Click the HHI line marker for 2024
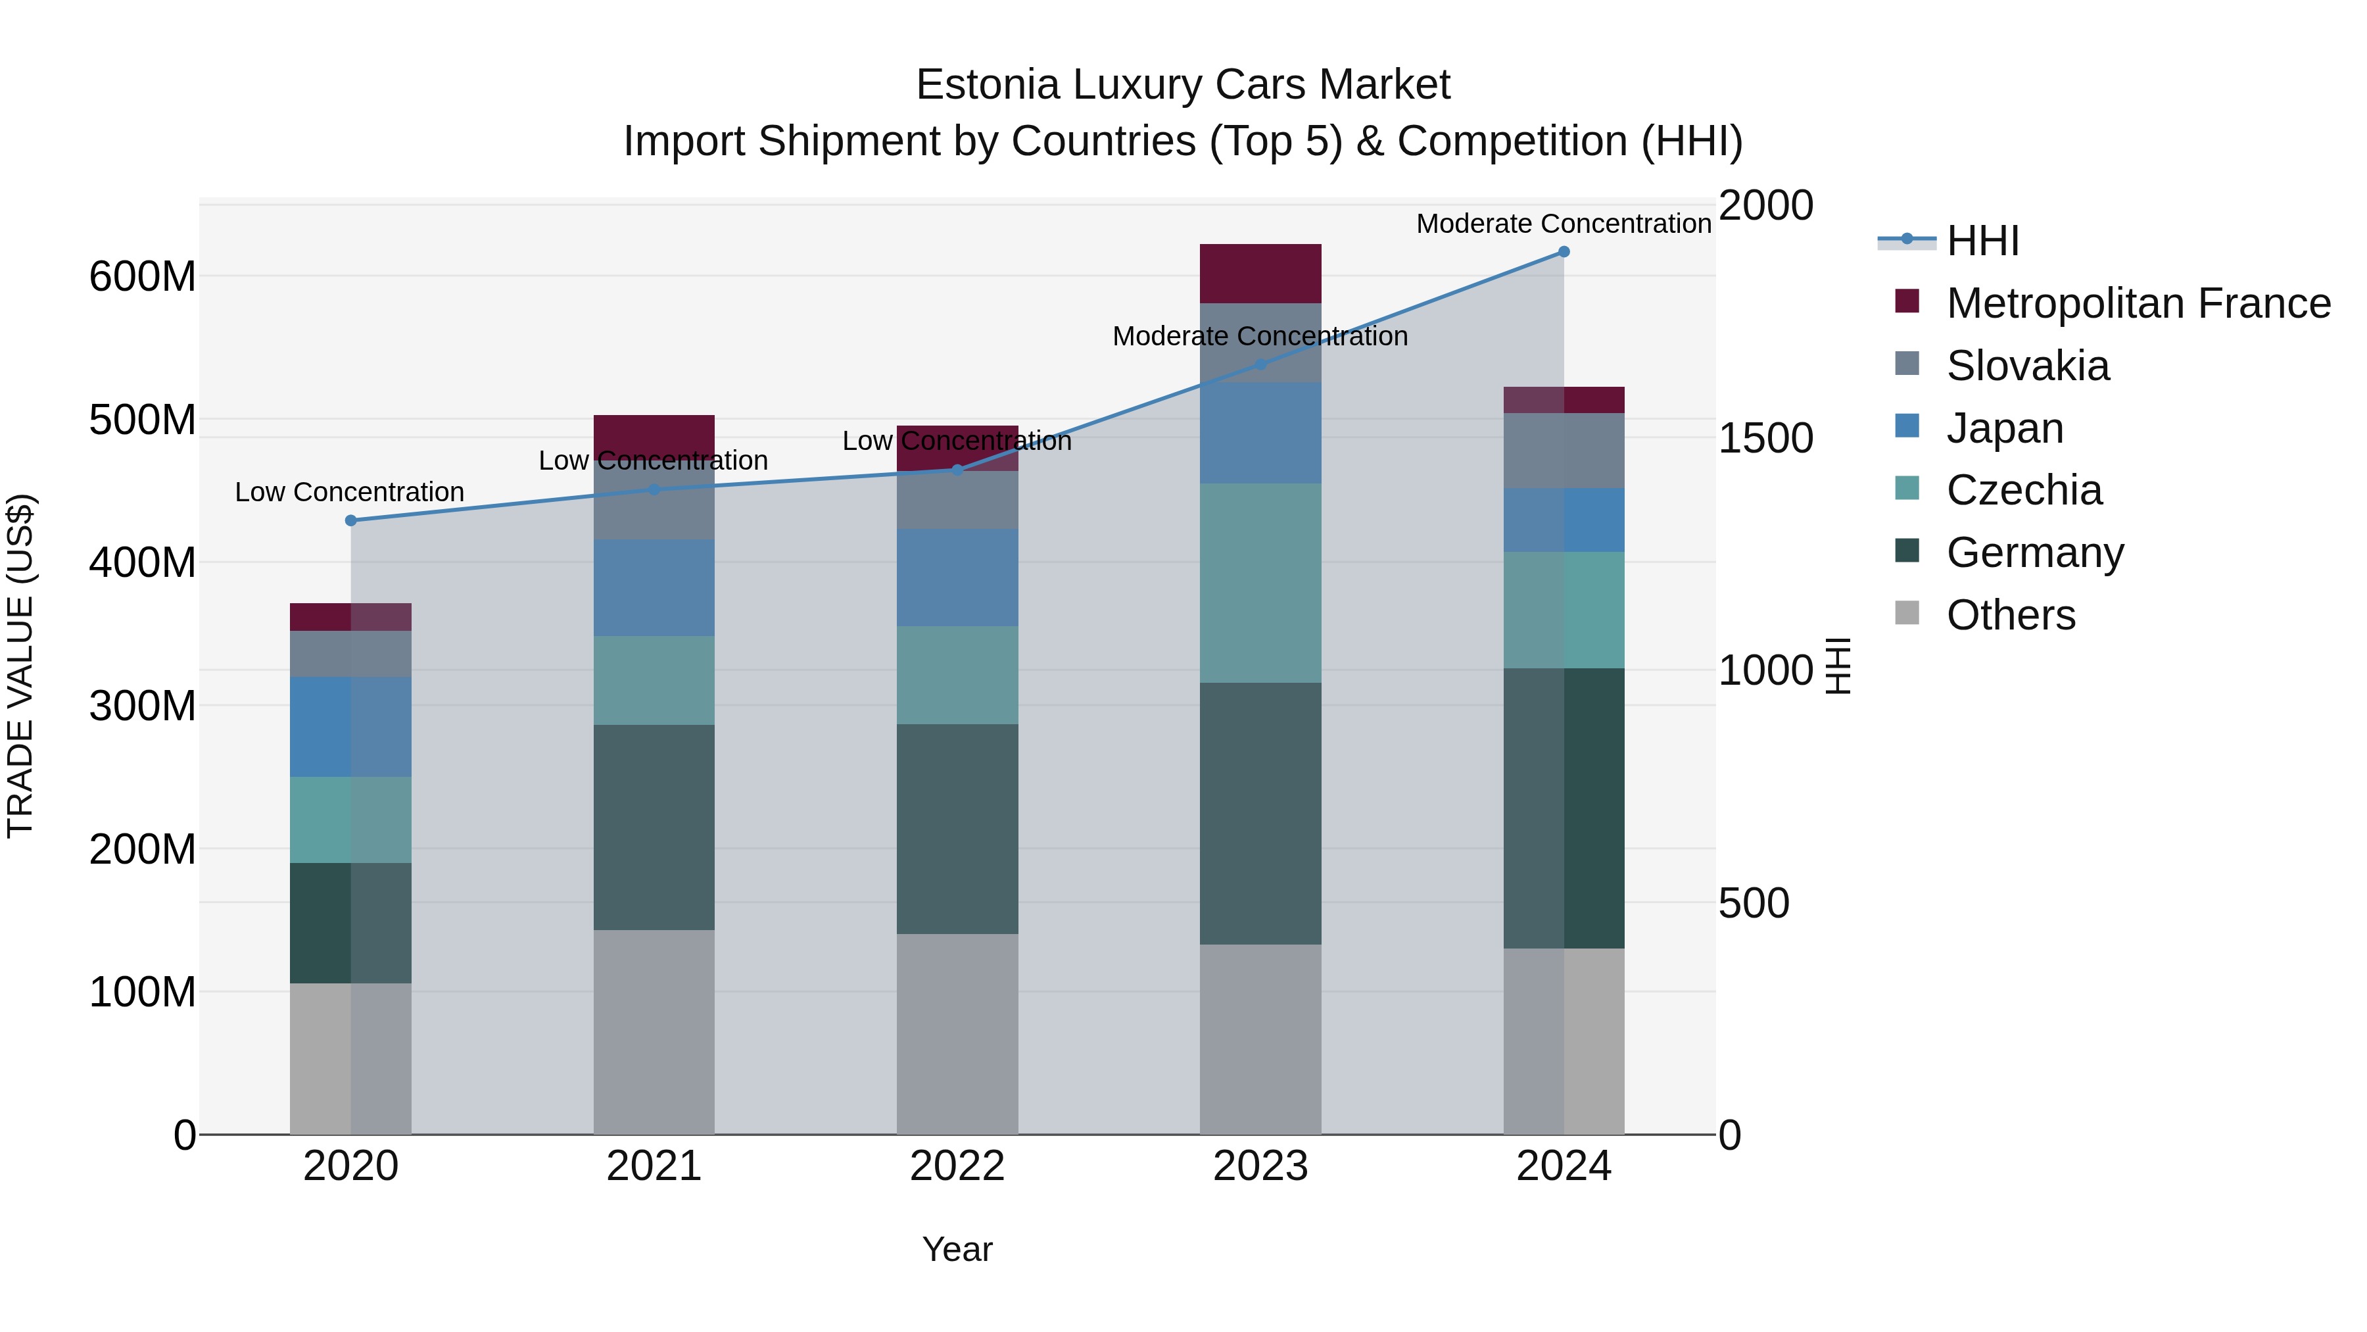(x=1564, y=252)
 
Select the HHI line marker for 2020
(x=351, y=520)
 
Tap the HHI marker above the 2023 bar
(x=1260, y=364)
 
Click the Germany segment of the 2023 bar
(x=1260, y=814)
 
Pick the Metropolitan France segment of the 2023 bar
(x=1260, y=273)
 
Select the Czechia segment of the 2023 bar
(x=1260, y=583)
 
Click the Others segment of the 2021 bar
(x=654, y=1031)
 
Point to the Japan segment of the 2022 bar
(x=957, y=578)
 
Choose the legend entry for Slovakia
(x=2027, y=366)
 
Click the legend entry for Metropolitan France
(x=2138, y=303)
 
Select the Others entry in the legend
(x=2011, y=615)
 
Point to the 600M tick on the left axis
(x=143, y=276)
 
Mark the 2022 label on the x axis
(x=957, y=1166)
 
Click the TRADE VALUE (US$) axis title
(x=20, y=666)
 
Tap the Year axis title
(x=957, y=1249)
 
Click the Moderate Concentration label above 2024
(x=1564, y=224)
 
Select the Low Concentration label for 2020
(x=349, y=492)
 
